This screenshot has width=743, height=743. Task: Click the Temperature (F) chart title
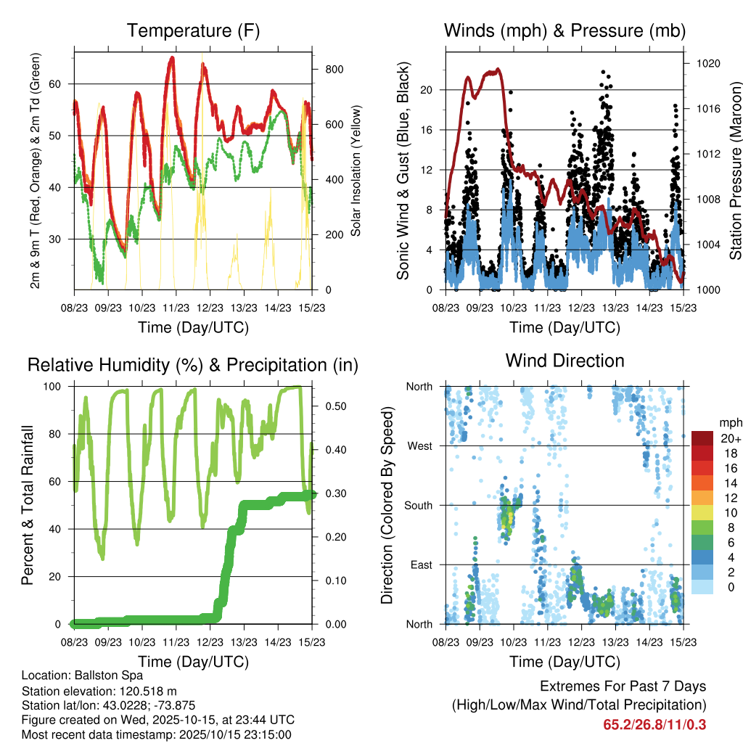pyautogui.click(x=192, y=31)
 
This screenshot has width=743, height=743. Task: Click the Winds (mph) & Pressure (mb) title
pyautogui.click(x=565, y=31)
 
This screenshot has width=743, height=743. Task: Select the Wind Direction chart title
pyautogui.click(x=565, y=361)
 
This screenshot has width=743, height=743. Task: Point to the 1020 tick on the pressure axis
pyautogui.click(x=707, y=64)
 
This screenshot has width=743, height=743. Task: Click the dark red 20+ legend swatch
pyautogui.click(x=702, y=438)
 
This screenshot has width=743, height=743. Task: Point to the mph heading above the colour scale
pyautogui.click(x=728, y=422)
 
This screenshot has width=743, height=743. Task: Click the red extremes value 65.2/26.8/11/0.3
pyautogui.click(x=654, y=724)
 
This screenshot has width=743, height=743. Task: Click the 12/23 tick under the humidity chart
pyautogui.click(x=209, y=642)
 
